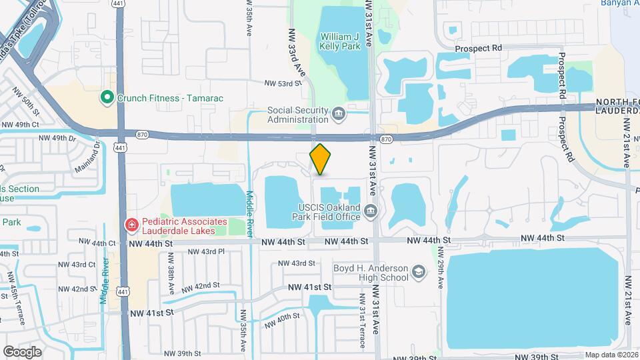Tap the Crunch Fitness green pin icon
pyautogui.click(x=106, y=98)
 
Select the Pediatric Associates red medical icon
pyautogui.click(x=131, y=226)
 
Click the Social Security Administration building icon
pyautogui.click(x=338, y=115)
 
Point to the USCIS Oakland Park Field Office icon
pyautogui.click(x=371, y=212)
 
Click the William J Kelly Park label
pyautogui.click(x=340, y=41)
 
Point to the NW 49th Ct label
pyautogui.click(x=20, y=125)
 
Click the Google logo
pyautogui.click(x=22, y=351)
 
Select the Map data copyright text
pyautogui.click(x=611, y=355)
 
